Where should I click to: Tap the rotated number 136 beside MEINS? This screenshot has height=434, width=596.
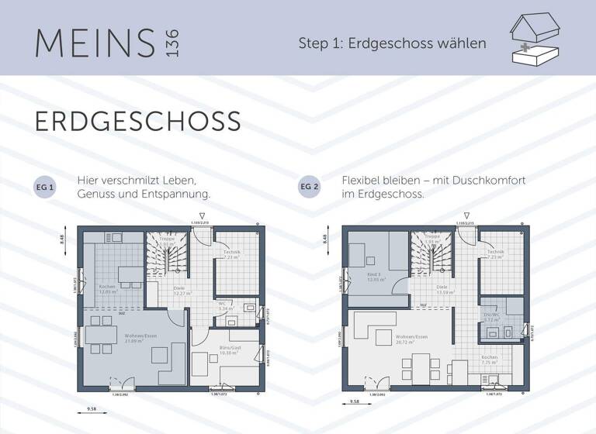coord(172,43)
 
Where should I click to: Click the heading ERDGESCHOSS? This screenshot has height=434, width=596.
coord(137,122)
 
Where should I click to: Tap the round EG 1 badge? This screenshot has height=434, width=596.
coord(46,188)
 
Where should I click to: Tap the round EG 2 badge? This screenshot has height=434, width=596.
coord(309,188)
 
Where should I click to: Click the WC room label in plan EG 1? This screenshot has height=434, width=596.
coord(222,304)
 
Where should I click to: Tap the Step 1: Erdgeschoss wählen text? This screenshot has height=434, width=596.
coord(392,43)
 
